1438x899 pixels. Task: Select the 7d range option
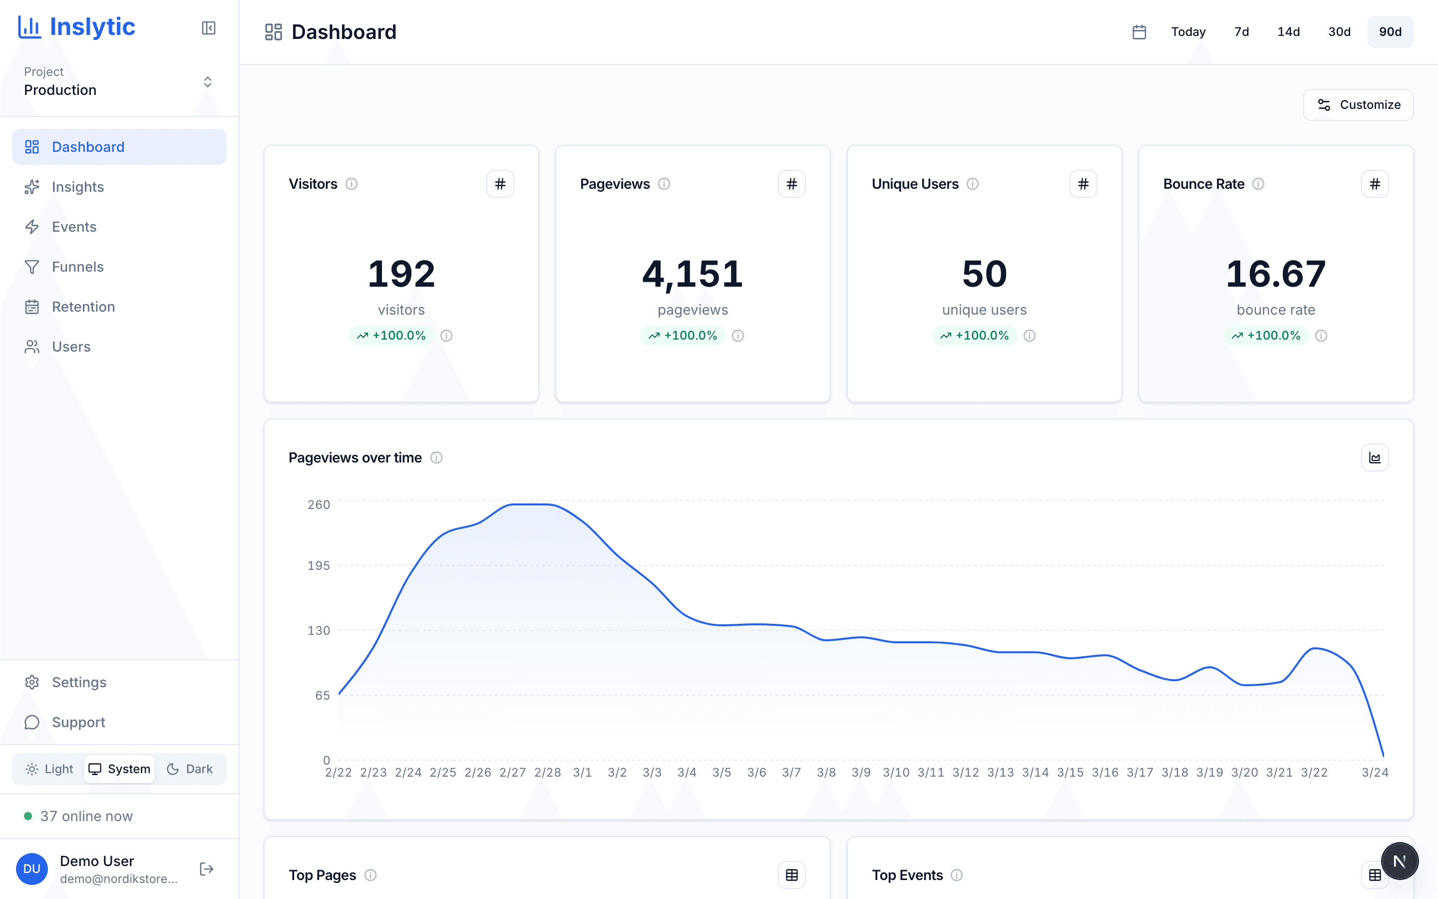(x=1241, y=32)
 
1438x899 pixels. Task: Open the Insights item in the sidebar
(x=77, y=187)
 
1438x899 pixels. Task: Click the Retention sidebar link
(x=83, y=307)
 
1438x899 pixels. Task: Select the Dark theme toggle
(x=190, y=769)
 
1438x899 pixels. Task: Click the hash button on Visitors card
(x=500, y=184)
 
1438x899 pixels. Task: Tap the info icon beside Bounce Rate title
(x=1258, y=184)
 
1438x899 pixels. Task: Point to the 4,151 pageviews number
(x=692, y=274)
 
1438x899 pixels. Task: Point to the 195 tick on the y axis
(x=319, y=565)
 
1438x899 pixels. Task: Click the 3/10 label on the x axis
(x=895, y=772)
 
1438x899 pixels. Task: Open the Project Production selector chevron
(x=207, y=81)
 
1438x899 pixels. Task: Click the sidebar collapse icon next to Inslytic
(x=209, y=28)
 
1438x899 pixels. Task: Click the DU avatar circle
(x=32, y=869)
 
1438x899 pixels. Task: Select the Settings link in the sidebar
(x=78, y=682)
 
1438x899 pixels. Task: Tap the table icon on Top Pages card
(x=791, y=875)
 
